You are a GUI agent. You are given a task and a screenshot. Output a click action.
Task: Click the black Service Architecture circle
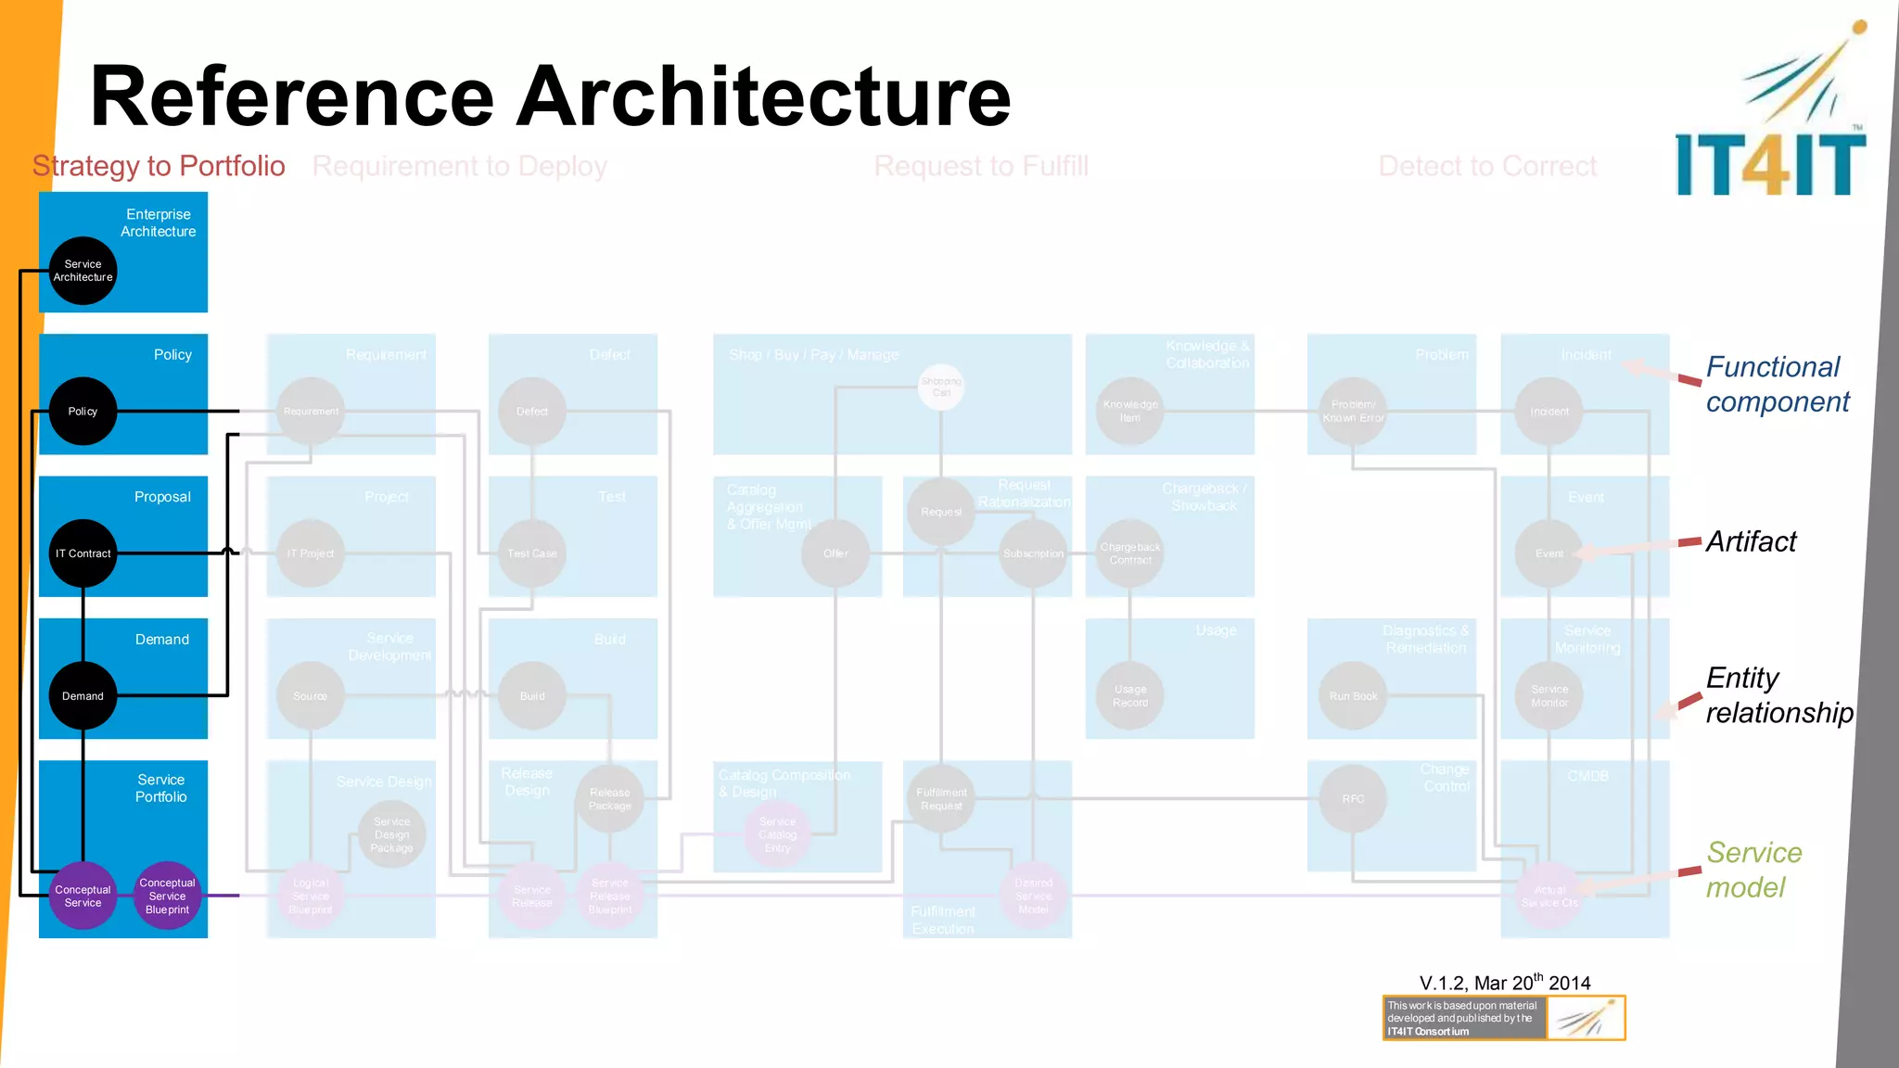pos(83,271)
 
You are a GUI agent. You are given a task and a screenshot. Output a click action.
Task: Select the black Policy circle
pos(83,412)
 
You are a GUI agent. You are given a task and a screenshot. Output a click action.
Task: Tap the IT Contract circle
pos(83,553)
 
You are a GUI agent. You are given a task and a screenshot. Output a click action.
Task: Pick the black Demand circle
pos(83,696)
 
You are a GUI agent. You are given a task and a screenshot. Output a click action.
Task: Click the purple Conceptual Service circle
pos(83,896)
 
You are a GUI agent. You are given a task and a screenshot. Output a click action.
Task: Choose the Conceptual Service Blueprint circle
pos(167,896)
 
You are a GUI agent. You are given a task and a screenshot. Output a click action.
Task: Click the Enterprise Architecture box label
pos(158,222)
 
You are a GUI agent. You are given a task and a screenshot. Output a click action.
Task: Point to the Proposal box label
pos(162,497)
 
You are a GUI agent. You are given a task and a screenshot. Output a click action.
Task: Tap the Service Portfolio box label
pos(160,788)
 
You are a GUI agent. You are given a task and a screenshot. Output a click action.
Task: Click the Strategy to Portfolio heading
pos(159,166)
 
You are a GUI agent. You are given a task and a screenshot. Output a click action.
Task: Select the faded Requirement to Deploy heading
pos(459,166)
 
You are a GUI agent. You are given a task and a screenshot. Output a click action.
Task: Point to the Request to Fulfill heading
pos(981,166)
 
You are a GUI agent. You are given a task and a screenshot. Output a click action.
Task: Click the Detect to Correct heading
pos(1487,166)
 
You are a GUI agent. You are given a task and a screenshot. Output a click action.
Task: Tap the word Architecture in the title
pos(762,96)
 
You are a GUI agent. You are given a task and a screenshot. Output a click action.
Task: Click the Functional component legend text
pos(1777,385)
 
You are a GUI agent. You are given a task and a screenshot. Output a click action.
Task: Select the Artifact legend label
pos(1751,541)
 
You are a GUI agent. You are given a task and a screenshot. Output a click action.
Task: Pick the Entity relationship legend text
pos(1778,695)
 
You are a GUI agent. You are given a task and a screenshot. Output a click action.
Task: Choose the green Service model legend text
pos(1753,870)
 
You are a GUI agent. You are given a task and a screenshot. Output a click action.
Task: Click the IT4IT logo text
pos(1770,165)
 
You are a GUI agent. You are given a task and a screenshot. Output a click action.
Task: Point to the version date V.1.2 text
pos(1504,983)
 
